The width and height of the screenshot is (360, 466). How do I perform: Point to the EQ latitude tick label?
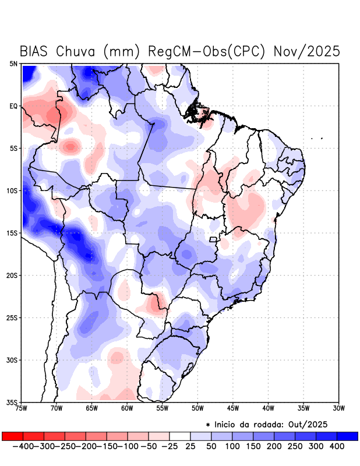pyautogui.click(x=13, y=106)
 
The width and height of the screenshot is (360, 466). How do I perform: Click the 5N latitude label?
pyautogui.click(x=13, y=63)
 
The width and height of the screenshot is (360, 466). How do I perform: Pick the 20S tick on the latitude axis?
pyautogui.click(x=12, y=275)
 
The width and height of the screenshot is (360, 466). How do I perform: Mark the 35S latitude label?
pyautogui.click(x=12, y=402)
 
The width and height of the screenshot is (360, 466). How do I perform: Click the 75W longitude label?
pyautogui.click(x=22, y=408)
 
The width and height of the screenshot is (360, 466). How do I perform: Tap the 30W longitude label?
pyautogui.click(x=339, y=408)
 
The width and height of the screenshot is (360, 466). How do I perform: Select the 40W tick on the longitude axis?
pyautogui.click(x=268, y=408)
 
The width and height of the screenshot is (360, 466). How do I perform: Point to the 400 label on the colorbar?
pyautogui.click(x=336, y=446)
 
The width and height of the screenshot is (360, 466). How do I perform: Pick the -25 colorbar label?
pyautogui.click(x=168, y=446)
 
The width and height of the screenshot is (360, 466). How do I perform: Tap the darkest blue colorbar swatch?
pyautogui.click(x=347, y=436)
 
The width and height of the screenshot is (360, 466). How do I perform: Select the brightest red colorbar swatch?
pyautogui.click(x=12, y=436)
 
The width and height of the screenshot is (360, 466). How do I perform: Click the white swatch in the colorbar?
pyautogui.click(x=180, y=436)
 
